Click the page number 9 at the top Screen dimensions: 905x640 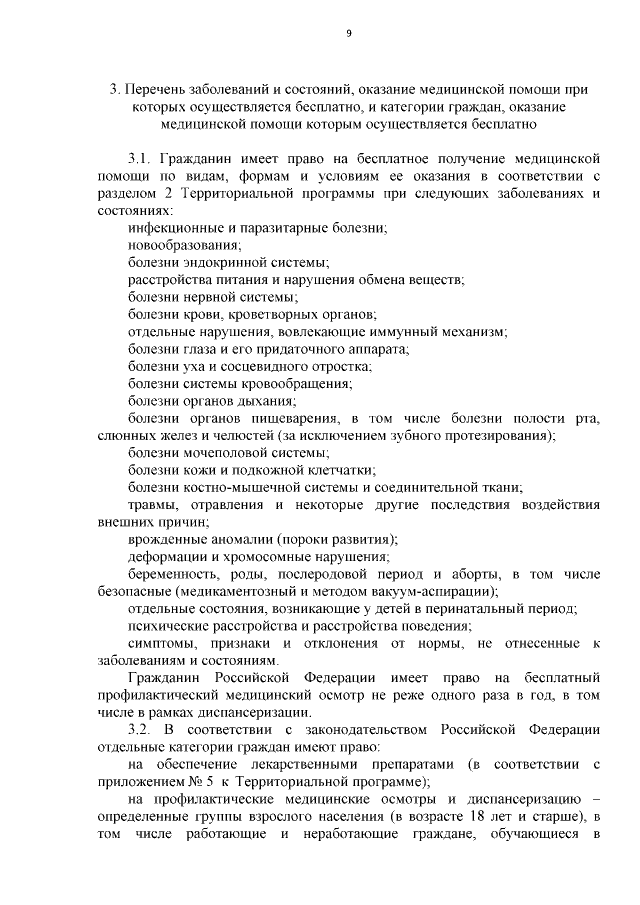tap(349, 33)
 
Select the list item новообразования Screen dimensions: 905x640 tap(184, 244)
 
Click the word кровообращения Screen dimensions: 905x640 tap(302, 383)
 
